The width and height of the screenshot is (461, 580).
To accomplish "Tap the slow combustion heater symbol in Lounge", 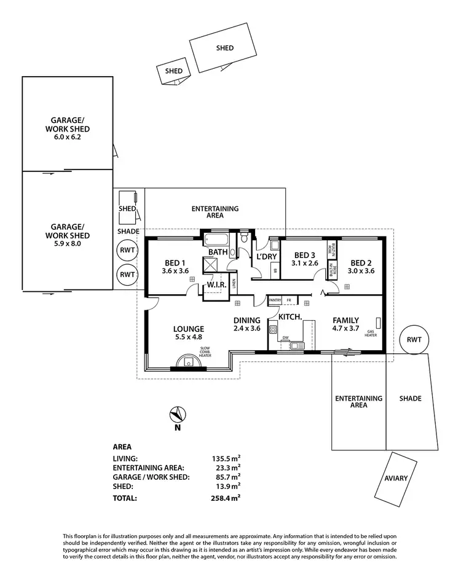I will (186, 362).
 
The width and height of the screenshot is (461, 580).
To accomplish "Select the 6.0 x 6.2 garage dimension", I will (67, 138).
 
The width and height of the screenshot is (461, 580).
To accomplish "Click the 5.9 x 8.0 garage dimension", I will (67, 244).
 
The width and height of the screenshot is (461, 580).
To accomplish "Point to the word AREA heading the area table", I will (122, 447).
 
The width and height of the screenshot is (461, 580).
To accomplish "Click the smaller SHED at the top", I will (174, 71).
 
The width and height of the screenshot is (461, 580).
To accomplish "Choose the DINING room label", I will (247, 320).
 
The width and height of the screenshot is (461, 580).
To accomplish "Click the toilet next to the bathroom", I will (245, 237).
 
